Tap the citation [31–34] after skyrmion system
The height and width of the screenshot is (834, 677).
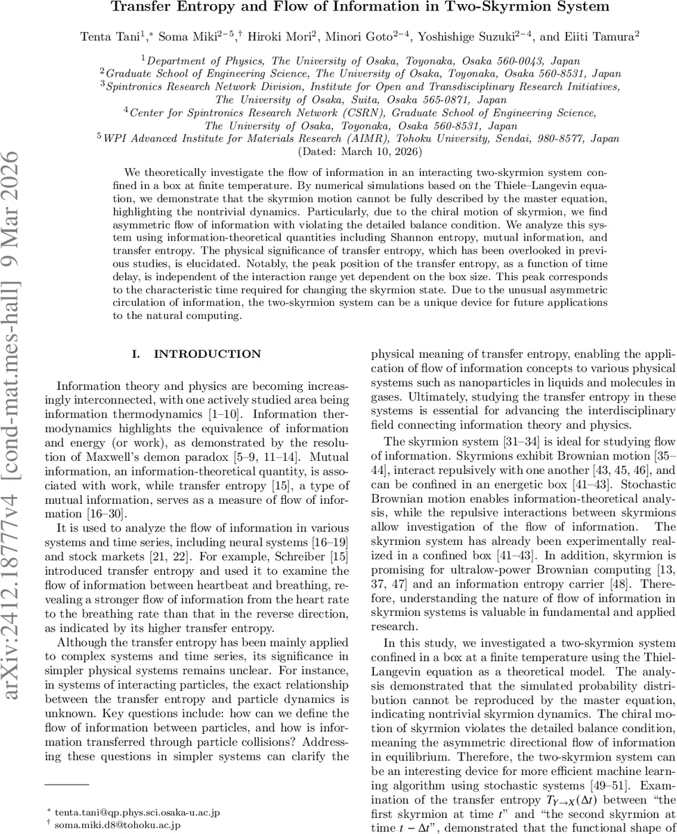[x=487, y=441]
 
